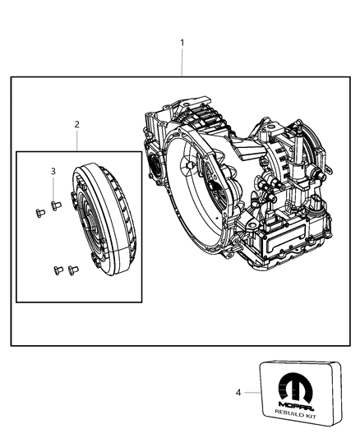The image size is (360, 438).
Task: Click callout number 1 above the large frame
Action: pyautogui.click(x=182, y=42)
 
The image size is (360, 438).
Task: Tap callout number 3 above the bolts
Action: pyautogui.click(x=53, y=171)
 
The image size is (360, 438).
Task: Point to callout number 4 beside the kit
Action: pyautogui.click(x=238, y=393)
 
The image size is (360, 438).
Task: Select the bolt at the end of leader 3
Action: pyautogui.click(x=55, y=205)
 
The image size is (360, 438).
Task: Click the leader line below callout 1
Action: pyautogui.click(x=182, y=62)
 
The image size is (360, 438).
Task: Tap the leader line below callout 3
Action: pyautogui.click(x=53, y=187)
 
